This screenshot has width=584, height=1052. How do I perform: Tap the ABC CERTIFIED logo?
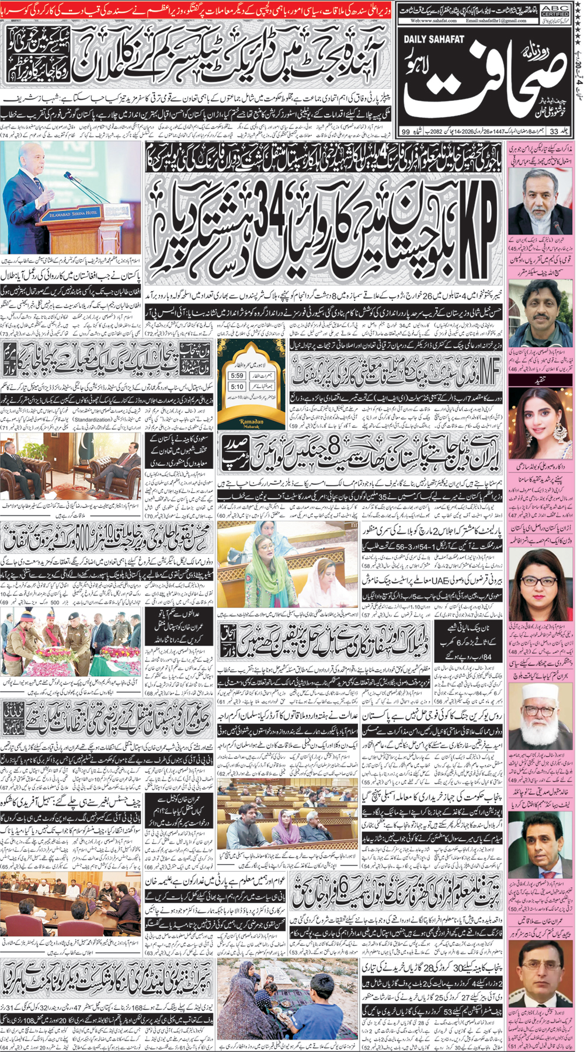(x=554, y=10)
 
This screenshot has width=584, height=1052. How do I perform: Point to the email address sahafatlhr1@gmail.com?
(x=496, y=20)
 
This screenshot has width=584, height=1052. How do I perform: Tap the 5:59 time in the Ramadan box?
(x=237, y=376)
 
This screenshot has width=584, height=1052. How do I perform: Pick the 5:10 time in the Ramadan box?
(x=237, y=386)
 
